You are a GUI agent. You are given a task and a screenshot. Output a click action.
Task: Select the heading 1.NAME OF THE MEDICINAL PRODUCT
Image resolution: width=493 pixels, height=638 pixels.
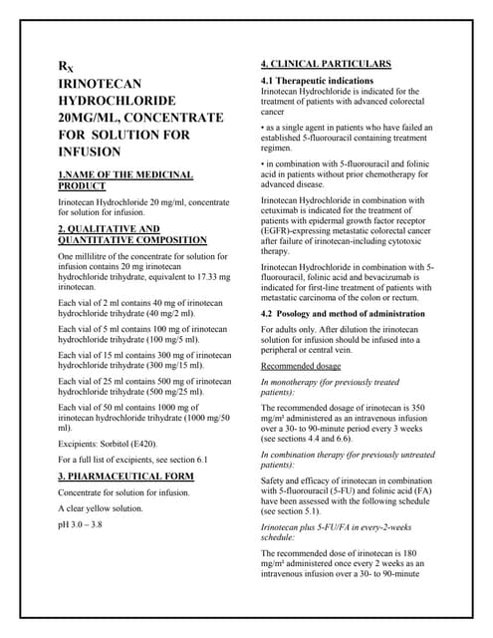point(125,180)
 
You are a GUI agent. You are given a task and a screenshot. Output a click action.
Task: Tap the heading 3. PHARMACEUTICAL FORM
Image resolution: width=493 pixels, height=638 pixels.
point(125,477)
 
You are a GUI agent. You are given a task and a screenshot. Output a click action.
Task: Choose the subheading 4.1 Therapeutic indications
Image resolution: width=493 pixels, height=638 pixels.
point(317,81)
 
